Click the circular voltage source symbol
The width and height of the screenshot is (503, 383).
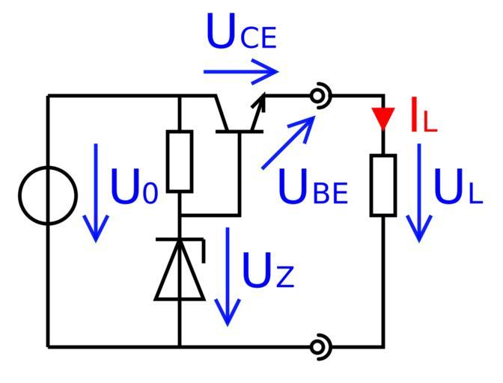pos(47,196)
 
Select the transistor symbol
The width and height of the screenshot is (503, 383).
pos(238,116)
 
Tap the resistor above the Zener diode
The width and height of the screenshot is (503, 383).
pos(180,161)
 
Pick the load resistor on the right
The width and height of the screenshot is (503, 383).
pos(383,186)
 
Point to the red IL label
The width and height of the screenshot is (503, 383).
pos(423,117)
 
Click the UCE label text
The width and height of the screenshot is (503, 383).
pos(241,34)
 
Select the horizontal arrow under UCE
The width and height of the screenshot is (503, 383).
pos(240,73)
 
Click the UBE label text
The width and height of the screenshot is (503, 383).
pos(313,189)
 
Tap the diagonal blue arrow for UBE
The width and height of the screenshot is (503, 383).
pos(288,142)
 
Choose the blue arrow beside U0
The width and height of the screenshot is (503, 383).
pos(96,192)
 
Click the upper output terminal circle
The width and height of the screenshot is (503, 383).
pos(320,96)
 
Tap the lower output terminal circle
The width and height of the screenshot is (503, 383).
pos(320,346)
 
